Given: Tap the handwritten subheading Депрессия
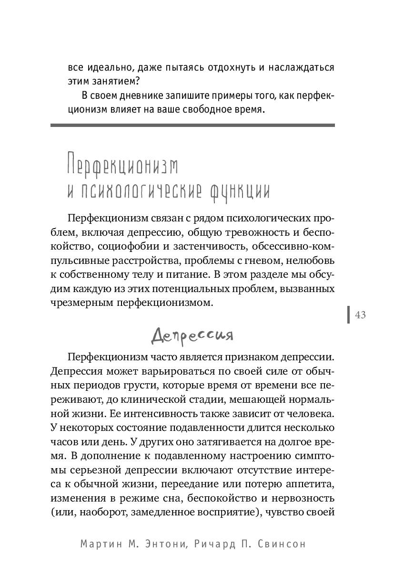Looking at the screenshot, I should click(x=192, y=335).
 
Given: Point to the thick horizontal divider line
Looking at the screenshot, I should click(x=192, y=126).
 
